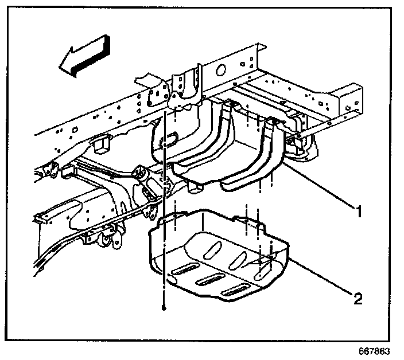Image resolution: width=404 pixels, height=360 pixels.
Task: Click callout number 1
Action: coord(359,213)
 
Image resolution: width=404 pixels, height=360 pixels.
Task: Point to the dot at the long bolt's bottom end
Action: coord(164,308)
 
